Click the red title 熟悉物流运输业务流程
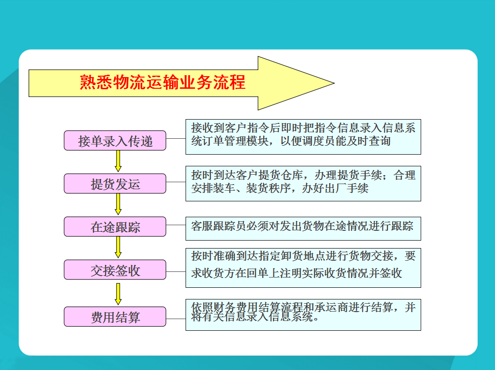point(163,82)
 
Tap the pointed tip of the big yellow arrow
point(334,83)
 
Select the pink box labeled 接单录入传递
point(115,140)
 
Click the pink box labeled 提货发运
point(115,184)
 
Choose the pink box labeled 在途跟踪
point(115,227)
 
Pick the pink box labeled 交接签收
point(115,270)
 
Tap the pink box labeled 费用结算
point(115,316)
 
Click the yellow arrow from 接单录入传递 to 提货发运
point(118,161)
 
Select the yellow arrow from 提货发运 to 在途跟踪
point(118,204)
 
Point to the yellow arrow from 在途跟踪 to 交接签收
point(118,247)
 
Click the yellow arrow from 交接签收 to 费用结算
point(118,294)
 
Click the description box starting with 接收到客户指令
point(303,137)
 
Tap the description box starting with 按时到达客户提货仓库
point(303,184)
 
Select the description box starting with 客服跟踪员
point(303,229)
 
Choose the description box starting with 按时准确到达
point(303,268)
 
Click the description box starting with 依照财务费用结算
point(303,315)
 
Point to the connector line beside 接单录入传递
point(176,138)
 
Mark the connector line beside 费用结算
point(176,319)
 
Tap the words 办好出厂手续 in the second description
point(335,188)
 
